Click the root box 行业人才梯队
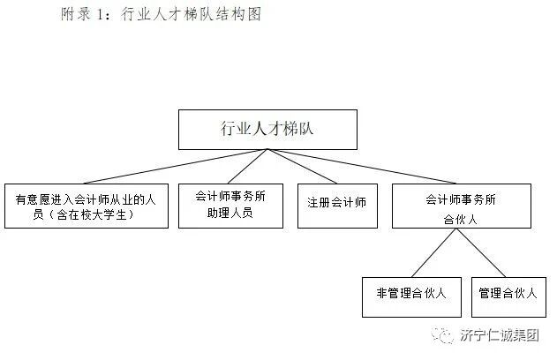click(267, 129)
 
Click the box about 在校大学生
click(86, 206)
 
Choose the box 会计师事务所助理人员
click(230, 206)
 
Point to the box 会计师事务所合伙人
click(461, 206)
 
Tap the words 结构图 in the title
click(238, 15)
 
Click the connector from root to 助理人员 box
click(247, 166)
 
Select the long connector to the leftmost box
click(141, 166)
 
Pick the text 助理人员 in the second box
click(230, 213)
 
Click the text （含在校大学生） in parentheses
click(87, 214)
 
